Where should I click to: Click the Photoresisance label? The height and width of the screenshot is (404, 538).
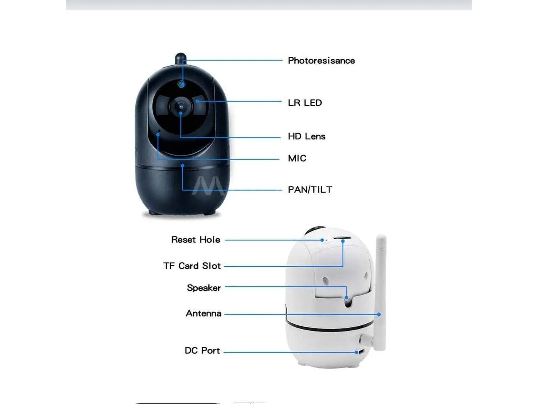point(321,61)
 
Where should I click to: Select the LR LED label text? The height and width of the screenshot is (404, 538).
point(305,103)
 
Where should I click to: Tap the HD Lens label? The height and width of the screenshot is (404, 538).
point(307,136)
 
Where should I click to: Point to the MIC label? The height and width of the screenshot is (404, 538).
point(297,158)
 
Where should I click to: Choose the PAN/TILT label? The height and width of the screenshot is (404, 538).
point(310,189)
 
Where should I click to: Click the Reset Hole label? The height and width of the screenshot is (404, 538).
point(196,240)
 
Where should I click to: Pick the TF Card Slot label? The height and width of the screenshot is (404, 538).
point(192,266)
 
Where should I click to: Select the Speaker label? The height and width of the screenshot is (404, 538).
point(204,288)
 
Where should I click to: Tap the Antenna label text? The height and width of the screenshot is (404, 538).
point(203,314)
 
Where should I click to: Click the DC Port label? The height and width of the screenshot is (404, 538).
point(202,350)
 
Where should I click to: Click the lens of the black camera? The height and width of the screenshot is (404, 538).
point(181,107)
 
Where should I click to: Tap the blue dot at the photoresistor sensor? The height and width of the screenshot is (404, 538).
point(182,85)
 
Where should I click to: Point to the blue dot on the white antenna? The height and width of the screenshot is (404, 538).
point(379,314)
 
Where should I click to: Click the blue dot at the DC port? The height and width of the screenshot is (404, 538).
point(357,352)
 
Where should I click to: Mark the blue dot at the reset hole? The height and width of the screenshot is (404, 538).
point(322,240)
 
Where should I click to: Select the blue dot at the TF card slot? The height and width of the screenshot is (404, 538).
point(343,241)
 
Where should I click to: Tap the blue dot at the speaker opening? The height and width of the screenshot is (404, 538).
point(346,298)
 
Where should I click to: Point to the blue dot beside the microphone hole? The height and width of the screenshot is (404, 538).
point(158,135)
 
